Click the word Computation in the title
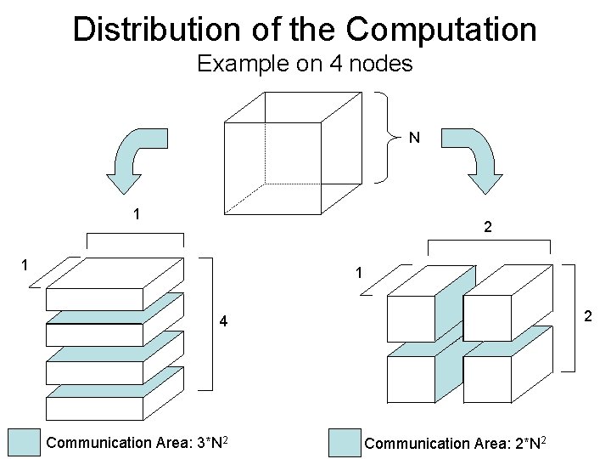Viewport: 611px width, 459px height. point(441,28)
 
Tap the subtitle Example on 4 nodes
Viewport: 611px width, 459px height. point(305,64)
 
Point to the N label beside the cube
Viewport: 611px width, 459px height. point(415,137)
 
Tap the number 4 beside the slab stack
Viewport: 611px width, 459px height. point(223,322)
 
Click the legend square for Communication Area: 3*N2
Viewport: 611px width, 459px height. point(25,443)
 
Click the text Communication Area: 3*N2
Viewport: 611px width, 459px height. point(136,443)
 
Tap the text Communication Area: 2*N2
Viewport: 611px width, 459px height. point(455,443)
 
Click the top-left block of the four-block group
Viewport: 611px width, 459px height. point(412,314)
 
